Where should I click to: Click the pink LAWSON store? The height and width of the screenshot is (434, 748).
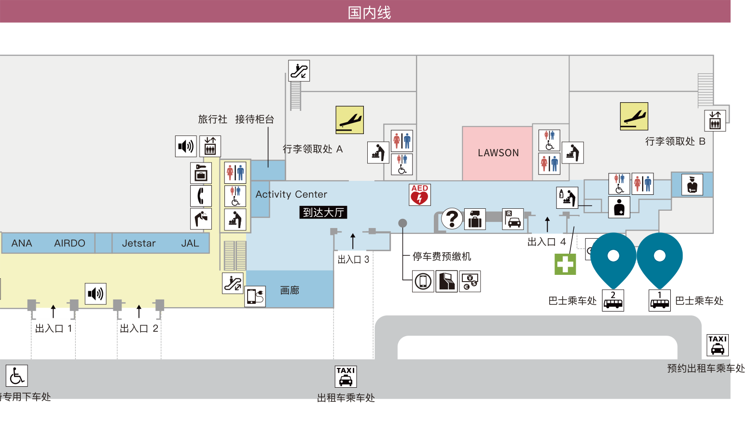coord(497,153)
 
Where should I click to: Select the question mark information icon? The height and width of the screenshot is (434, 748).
coord(452,218)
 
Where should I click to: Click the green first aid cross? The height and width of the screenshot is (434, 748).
coord(565,264)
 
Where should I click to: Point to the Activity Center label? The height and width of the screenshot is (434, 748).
coord(291,194)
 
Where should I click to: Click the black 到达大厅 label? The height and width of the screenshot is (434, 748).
coord(323,212)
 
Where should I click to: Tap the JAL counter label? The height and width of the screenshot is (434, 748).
coord(190,243)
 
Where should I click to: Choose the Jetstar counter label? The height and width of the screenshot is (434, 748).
coord(139,243)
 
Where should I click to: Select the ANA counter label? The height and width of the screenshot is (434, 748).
coord(22,243)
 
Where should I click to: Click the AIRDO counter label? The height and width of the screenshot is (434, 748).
coord(69,243)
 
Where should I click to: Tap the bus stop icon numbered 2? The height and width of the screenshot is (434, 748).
coord(613,300)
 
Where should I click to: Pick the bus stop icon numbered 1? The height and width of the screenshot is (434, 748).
coord(660,300)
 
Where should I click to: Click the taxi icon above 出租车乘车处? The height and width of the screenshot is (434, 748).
coord(346,377)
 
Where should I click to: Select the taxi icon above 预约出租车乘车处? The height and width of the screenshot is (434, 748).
coord(718,345)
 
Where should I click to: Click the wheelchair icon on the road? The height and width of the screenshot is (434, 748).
coord(17,376)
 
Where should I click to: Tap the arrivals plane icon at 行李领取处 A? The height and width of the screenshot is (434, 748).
coord(349,120)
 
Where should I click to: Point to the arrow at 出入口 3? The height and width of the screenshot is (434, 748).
coord(353,241)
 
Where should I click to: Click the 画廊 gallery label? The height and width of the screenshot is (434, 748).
coord(290,290)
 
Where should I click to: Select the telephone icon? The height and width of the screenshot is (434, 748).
coord(201,196)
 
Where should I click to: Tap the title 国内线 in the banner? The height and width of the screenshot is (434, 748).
coord(369,13)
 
